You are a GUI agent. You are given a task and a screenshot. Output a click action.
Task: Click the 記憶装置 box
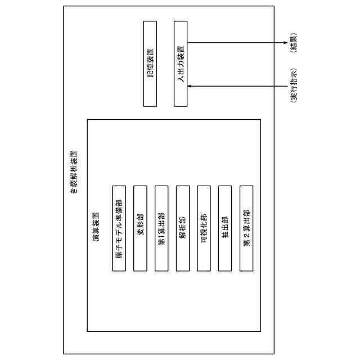click(150, 64)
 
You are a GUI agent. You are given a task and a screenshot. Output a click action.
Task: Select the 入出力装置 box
click(181, 64)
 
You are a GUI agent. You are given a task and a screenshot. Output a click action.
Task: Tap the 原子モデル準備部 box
click(119, 228)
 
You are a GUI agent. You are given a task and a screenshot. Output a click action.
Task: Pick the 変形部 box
click(140, 228)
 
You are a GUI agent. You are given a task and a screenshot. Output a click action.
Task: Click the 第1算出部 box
click(161, 228)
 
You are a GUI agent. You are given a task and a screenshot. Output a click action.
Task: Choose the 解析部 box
click(182, 228)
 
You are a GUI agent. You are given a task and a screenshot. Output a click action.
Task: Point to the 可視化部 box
click(204, 228)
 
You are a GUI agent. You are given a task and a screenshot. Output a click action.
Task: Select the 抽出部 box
click(225, 228)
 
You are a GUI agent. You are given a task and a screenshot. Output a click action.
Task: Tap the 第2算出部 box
click(246, 228)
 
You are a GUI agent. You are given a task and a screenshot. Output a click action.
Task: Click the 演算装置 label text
click(96, 228)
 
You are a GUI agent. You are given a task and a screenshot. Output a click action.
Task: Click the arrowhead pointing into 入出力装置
click(190, 86)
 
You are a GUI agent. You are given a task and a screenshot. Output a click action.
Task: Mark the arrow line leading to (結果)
click(236, 43)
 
